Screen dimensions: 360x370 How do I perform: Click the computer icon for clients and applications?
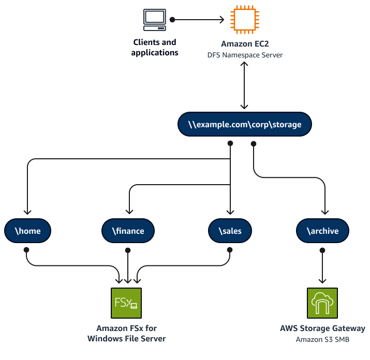tap(154, 20)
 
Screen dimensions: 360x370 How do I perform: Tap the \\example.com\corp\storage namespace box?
tap(244, 125)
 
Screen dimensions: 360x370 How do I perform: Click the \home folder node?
tap(29, 230)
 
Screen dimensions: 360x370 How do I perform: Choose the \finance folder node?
tap(128, 230)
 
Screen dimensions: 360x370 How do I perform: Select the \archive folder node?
tap(322, 230)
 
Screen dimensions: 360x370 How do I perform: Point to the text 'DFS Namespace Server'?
tap(244, 55)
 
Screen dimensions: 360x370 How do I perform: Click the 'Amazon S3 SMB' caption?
tap(322, 339)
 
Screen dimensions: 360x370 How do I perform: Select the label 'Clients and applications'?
tap(154, 48)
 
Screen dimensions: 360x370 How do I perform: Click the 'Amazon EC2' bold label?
tap(244, 44)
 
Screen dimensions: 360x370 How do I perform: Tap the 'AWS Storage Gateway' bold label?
tap(322, 328)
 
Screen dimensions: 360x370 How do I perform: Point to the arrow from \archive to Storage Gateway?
tap(322, 267)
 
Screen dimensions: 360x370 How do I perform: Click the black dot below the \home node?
tap(26, 250)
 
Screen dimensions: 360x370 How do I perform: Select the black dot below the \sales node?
tap(229, 250)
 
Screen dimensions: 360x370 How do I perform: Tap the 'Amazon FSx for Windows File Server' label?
tap(131, 334)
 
